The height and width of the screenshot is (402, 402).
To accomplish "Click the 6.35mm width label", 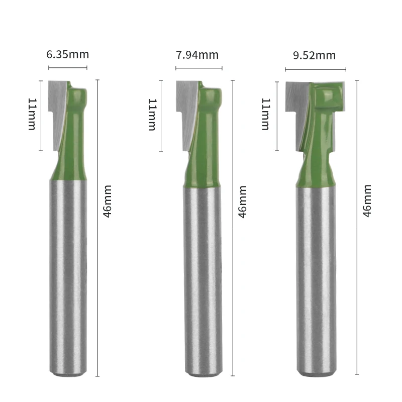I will point(67,54).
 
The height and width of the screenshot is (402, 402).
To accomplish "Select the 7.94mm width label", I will point(197,54).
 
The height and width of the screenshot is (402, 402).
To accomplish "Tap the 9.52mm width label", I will point(315,55).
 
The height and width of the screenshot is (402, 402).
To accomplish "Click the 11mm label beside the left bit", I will point(32,115).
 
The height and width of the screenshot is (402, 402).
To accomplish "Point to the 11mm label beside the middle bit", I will point(152,115).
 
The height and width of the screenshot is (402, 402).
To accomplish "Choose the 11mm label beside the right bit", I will point(266,115).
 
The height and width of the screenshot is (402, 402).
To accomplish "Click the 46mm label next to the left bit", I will point(107,201).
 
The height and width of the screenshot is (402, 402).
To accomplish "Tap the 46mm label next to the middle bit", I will point(242,201).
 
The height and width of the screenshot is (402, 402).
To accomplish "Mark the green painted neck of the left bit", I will point(73,151).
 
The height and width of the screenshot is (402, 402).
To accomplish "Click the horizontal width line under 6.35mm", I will point(67,67).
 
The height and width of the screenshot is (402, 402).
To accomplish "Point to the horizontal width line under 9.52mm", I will point(316,69).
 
